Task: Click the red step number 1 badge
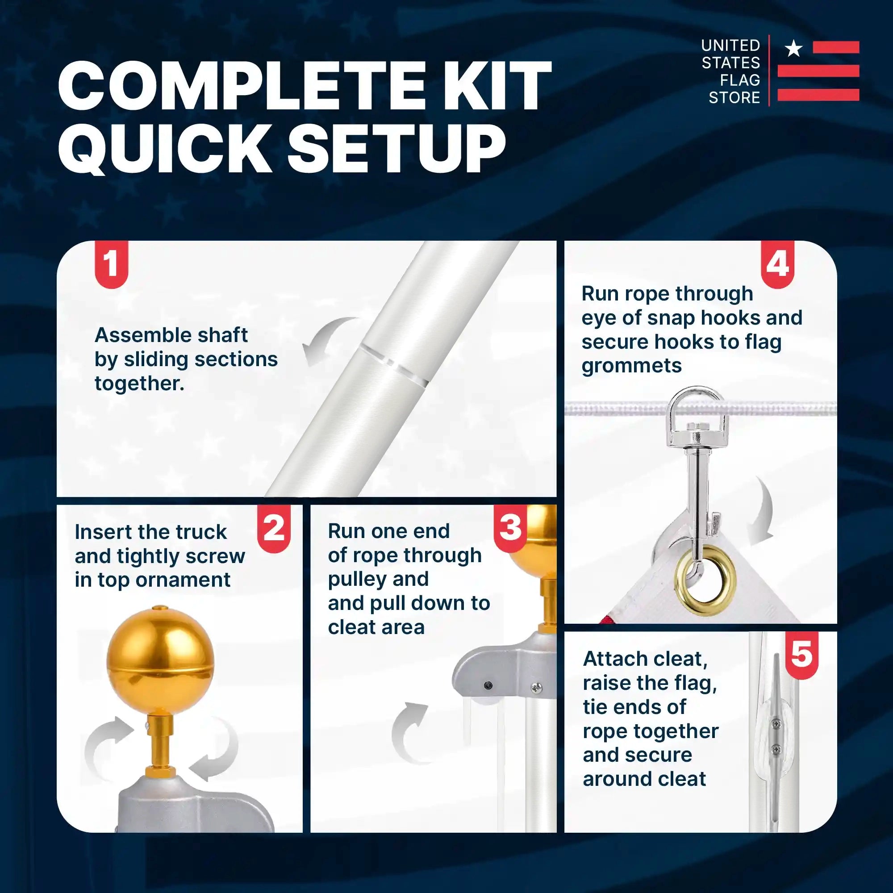[x=111, y=264]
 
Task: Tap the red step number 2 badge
[x=274, y=528]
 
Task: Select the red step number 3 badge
[x=510, y=528]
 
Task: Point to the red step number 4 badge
[x=777, y=264]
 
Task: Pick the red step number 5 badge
[x=802, y=655]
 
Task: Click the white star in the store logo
[x=794, y=48]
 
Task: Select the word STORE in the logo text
[x=734, y=97]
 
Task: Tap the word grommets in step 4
[x=631, y=366]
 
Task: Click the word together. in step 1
[x=140, y=383]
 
